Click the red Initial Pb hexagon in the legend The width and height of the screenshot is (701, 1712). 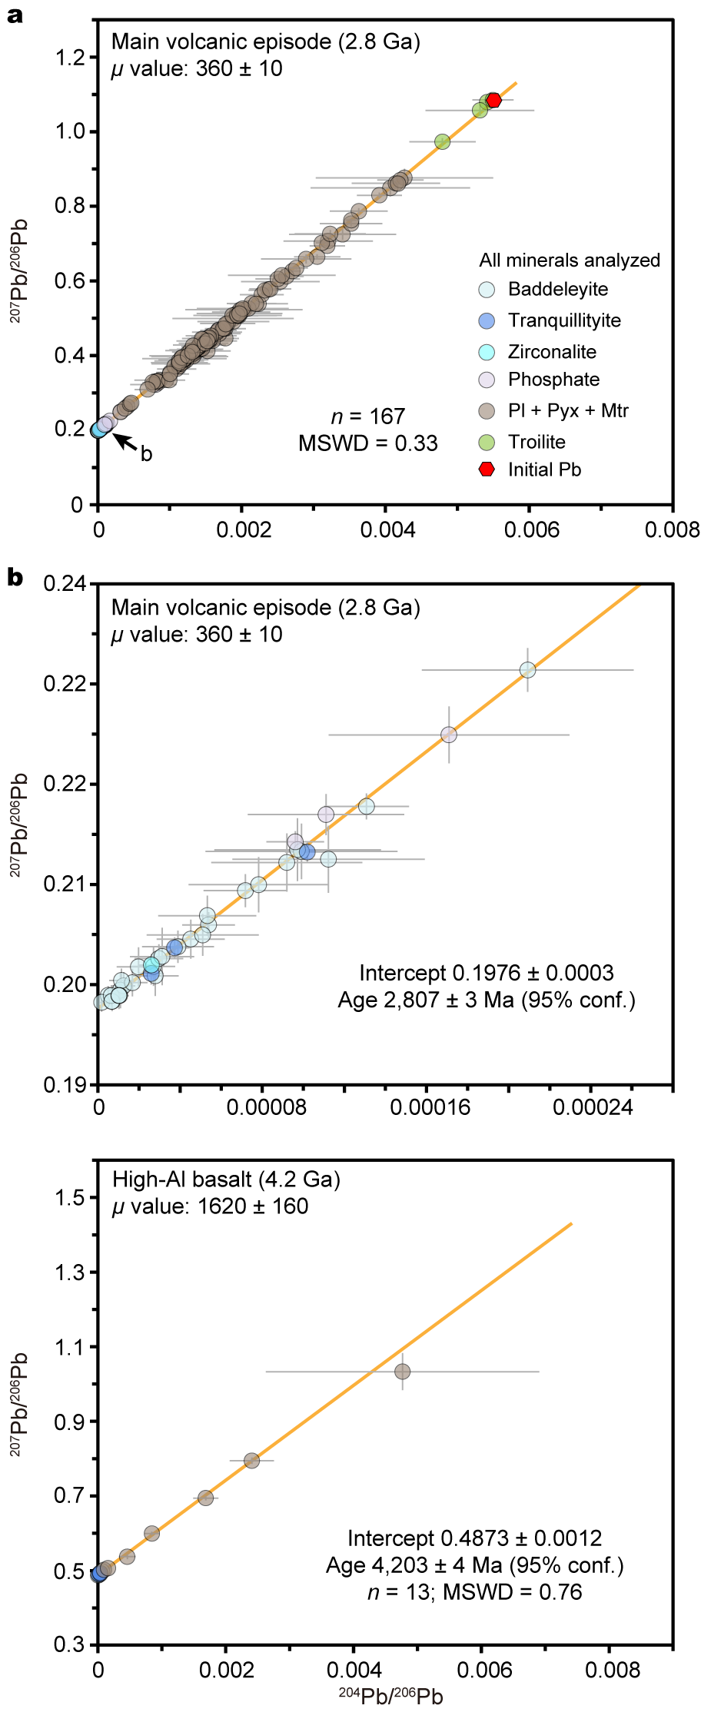(487, 469)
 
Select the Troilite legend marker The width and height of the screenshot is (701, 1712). (487, 442)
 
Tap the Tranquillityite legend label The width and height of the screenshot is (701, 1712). (564, 320)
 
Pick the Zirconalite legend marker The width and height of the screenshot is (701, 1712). (487, 352)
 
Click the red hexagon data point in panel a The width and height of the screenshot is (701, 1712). (493, 100)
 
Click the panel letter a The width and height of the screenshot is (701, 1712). (14, 15)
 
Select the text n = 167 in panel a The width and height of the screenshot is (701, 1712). (367, 416)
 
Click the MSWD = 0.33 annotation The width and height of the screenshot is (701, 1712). (368, 443)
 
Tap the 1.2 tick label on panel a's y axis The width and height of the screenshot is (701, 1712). (70, 58)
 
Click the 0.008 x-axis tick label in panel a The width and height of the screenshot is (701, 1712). (673, 530)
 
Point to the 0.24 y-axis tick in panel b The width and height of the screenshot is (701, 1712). (65, 584)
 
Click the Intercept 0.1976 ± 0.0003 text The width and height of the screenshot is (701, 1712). (487, 973)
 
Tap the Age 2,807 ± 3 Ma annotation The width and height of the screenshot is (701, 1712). (487, 1000)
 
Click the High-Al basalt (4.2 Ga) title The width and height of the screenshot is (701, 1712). (226, 1179)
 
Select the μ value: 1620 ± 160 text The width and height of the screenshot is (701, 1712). (210, 1206)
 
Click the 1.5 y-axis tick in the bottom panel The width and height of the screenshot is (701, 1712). (70, 1198)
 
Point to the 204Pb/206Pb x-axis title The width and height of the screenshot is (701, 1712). (390, 1696)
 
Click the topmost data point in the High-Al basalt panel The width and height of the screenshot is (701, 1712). (402, 1372)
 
